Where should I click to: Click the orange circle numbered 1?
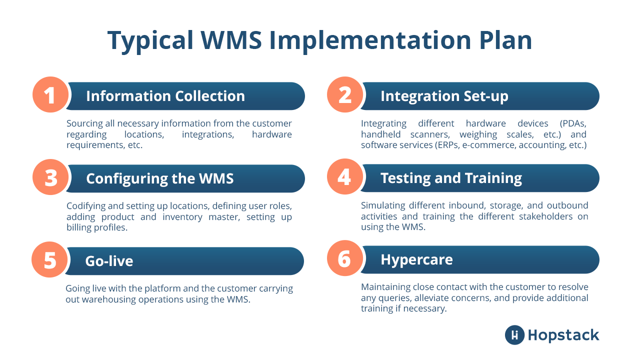(50, 94)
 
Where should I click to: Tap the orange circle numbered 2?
(344, 94)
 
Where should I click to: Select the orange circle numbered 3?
(50, 177)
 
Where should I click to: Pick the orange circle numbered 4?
(344, 177)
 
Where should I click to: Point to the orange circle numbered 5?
(50, 260)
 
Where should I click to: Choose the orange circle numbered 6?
(344, 259)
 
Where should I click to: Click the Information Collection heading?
(165, 96)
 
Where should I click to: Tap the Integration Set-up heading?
(444, 96)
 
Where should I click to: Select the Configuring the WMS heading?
(159, 178)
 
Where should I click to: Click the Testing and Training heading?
(451, 178)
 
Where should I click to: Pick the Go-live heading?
(109, 261)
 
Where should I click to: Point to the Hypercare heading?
(416, 260)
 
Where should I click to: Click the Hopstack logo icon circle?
(514, 335)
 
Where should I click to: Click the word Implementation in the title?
(366, 40)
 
